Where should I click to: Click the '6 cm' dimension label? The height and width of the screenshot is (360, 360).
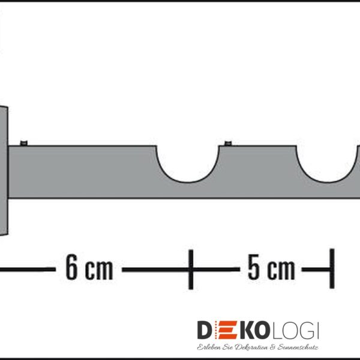(89, 267)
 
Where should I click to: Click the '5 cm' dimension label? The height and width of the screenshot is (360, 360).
(271, 267)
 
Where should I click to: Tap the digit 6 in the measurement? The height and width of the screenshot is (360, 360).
(71, 267)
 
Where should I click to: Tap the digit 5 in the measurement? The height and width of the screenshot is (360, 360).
(253, 267)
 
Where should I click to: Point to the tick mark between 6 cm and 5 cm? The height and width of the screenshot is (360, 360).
(191, 269)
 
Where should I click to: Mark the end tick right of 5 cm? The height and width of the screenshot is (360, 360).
(332, 269)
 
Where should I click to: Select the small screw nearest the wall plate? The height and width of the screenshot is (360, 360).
(23, 143)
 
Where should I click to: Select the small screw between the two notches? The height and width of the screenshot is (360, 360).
(228, 143)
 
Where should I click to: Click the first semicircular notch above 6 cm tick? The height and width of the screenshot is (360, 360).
(188, 179)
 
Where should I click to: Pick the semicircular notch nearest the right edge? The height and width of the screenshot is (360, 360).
(329, 179)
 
